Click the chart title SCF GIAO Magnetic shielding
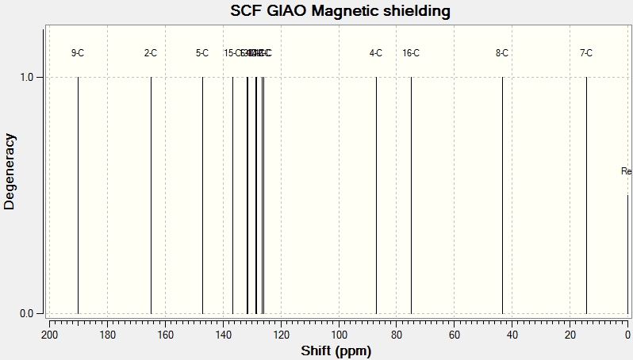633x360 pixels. coord(340,11)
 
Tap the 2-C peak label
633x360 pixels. coord(151,53)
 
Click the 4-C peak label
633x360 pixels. coord(376,53)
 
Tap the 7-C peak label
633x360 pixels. coord(586,53)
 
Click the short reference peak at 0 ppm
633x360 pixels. coord(627,254)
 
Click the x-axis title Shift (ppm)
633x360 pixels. coord(336,350)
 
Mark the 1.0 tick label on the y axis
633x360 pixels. coord(26,77)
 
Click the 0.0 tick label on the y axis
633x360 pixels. coord(26,313)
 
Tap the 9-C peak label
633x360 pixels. coord(78,53)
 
